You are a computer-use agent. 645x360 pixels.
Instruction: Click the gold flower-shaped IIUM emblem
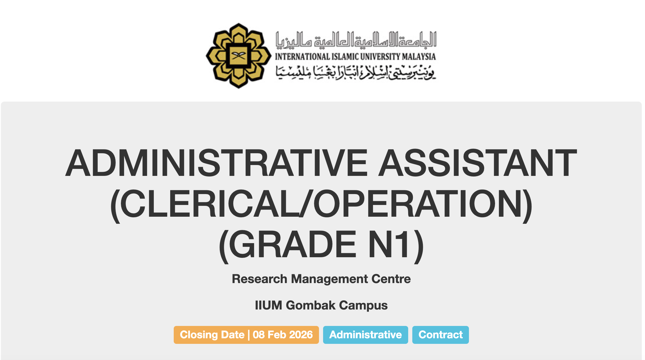point(239,55)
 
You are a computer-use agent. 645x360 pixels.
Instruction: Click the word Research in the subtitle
point(259,279)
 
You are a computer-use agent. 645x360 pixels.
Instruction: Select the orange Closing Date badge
point(246,335)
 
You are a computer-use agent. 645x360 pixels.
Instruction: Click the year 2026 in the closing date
point(301,335)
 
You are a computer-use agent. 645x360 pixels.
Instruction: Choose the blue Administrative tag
point(366,335)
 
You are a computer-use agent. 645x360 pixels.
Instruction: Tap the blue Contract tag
point(440,335)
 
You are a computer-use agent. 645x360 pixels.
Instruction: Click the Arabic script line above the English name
point(356,40)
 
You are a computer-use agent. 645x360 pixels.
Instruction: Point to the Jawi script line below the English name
point(356,72)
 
